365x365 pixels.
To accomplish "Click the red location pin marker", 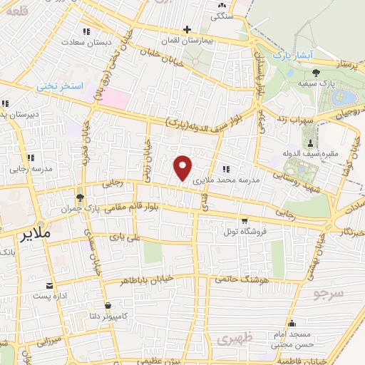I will pyautogui.click(x=182, y=167).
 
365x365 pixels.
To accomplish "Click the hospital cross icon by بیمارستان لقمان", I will pyautogui.click(x=187, y=30).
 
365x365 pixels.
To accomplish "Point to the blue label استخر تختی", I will pyautogui.click(x=61, y=86).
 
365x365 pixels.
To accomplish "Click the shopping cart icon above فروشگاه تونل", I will pyautogui.click(x=245, y=220).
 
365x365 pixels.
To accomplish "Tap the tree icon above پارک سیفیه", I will pyautogui.click(x=316, y=72).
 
